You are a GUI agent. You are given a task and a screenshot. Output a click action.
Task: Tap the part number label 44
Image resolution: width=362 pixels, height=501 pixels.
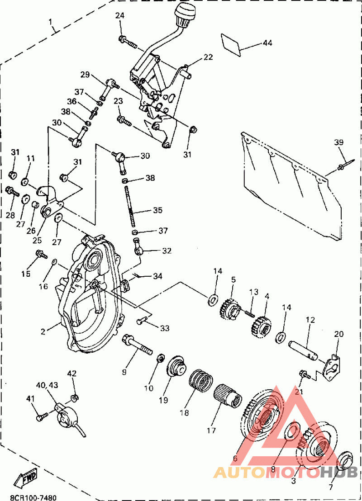pos(267,43)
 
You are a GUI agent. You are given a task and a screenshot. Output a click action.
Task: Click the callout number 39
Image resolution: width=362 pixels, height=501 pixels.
pos(339,143)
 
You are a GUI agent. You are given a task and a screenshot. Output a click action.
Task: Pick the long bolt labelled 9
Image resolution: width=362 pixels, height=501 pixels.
pos(138,347)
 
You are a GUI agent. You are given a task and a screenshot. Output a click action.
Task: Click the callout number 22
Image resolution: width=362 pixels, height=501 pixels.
pos(208,57)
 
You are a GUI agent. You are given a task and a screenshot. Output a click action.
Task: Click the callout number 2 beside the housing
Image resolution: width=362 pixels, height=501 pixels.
pos(43,331)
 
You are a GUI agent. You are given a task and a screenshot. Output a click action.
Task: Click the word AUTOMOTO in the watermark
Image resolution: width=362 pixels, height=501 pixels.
pos(267,472)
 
